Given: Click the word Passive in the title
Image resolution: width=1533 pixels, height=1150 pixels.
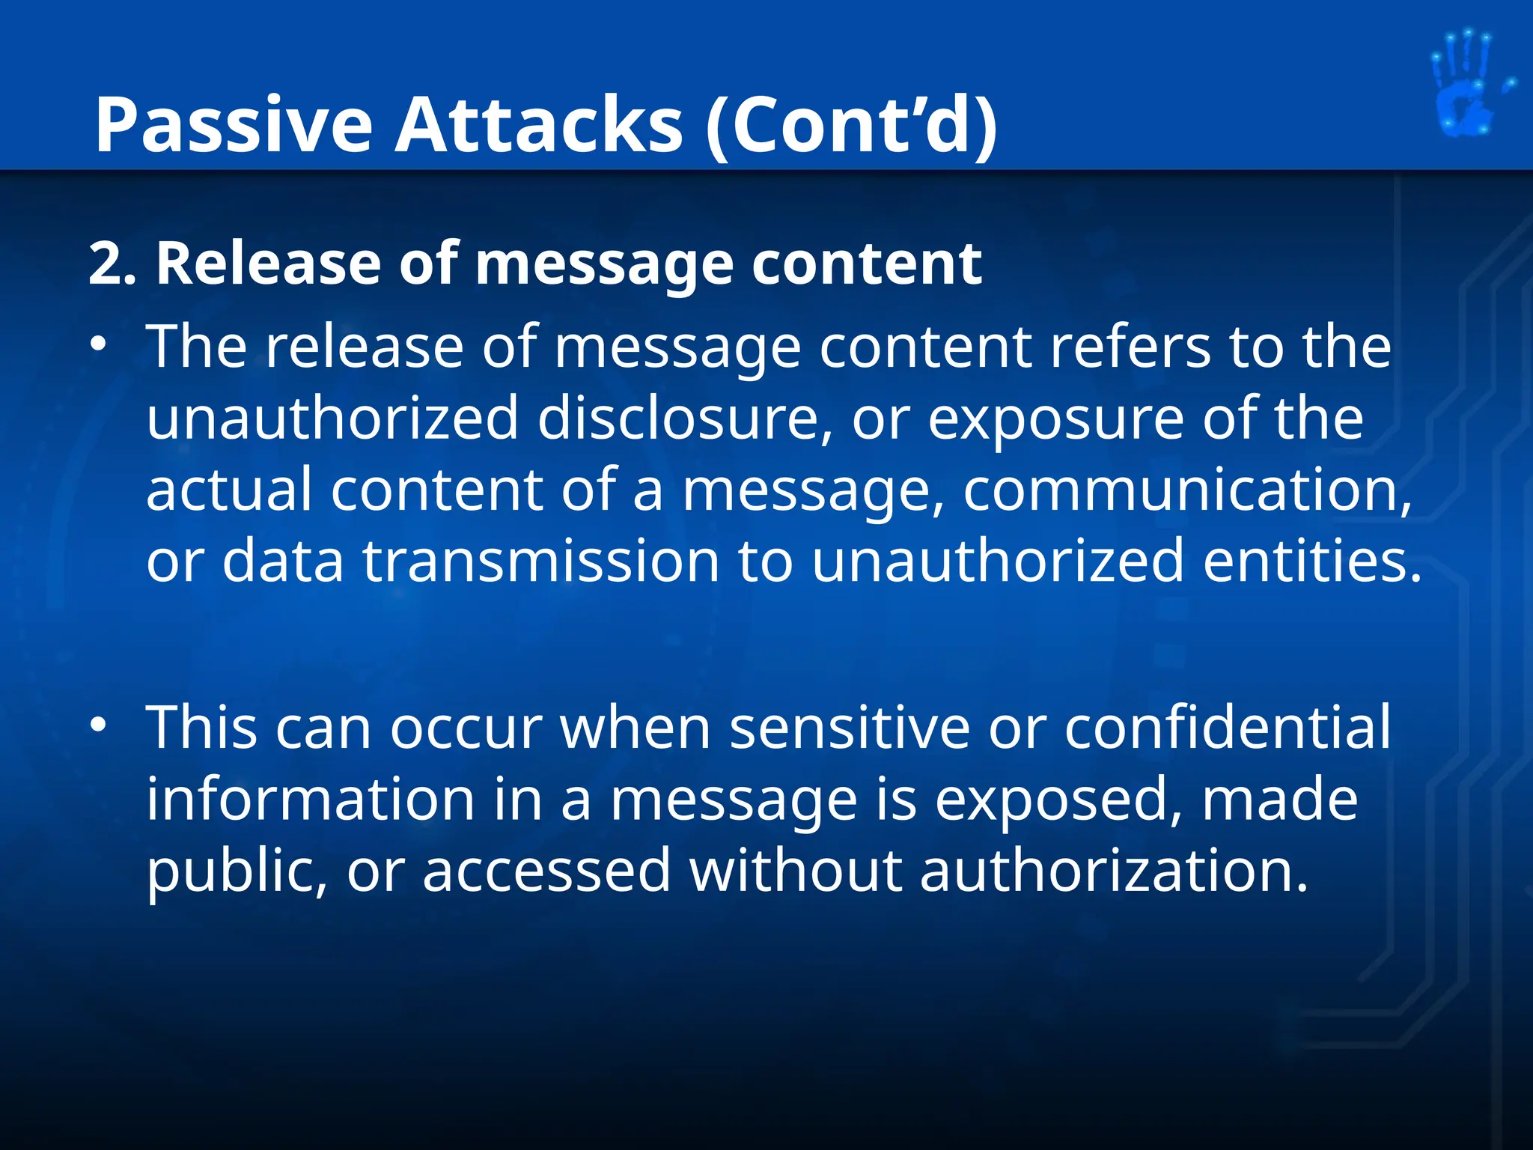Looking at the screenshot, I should (x=233, y=125).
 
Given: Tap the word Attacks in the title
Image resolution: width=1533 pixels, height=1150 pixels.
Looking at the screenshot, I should (x=538, y=125).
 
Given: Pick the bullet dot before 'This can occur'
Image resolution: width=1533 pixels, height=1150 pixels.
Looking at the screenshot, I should (x=97, y=725).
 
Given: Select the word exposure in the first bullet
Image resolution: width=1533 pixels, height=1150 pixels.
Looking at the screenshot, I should (x=1056, y=418).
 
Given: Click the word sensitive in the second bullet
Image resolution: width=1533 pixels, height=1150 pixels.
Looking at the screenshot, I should (x=850, y=727).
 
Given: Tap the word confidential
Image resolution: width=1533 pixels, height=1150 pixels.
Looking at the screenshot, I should (x=1228, y=727).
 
